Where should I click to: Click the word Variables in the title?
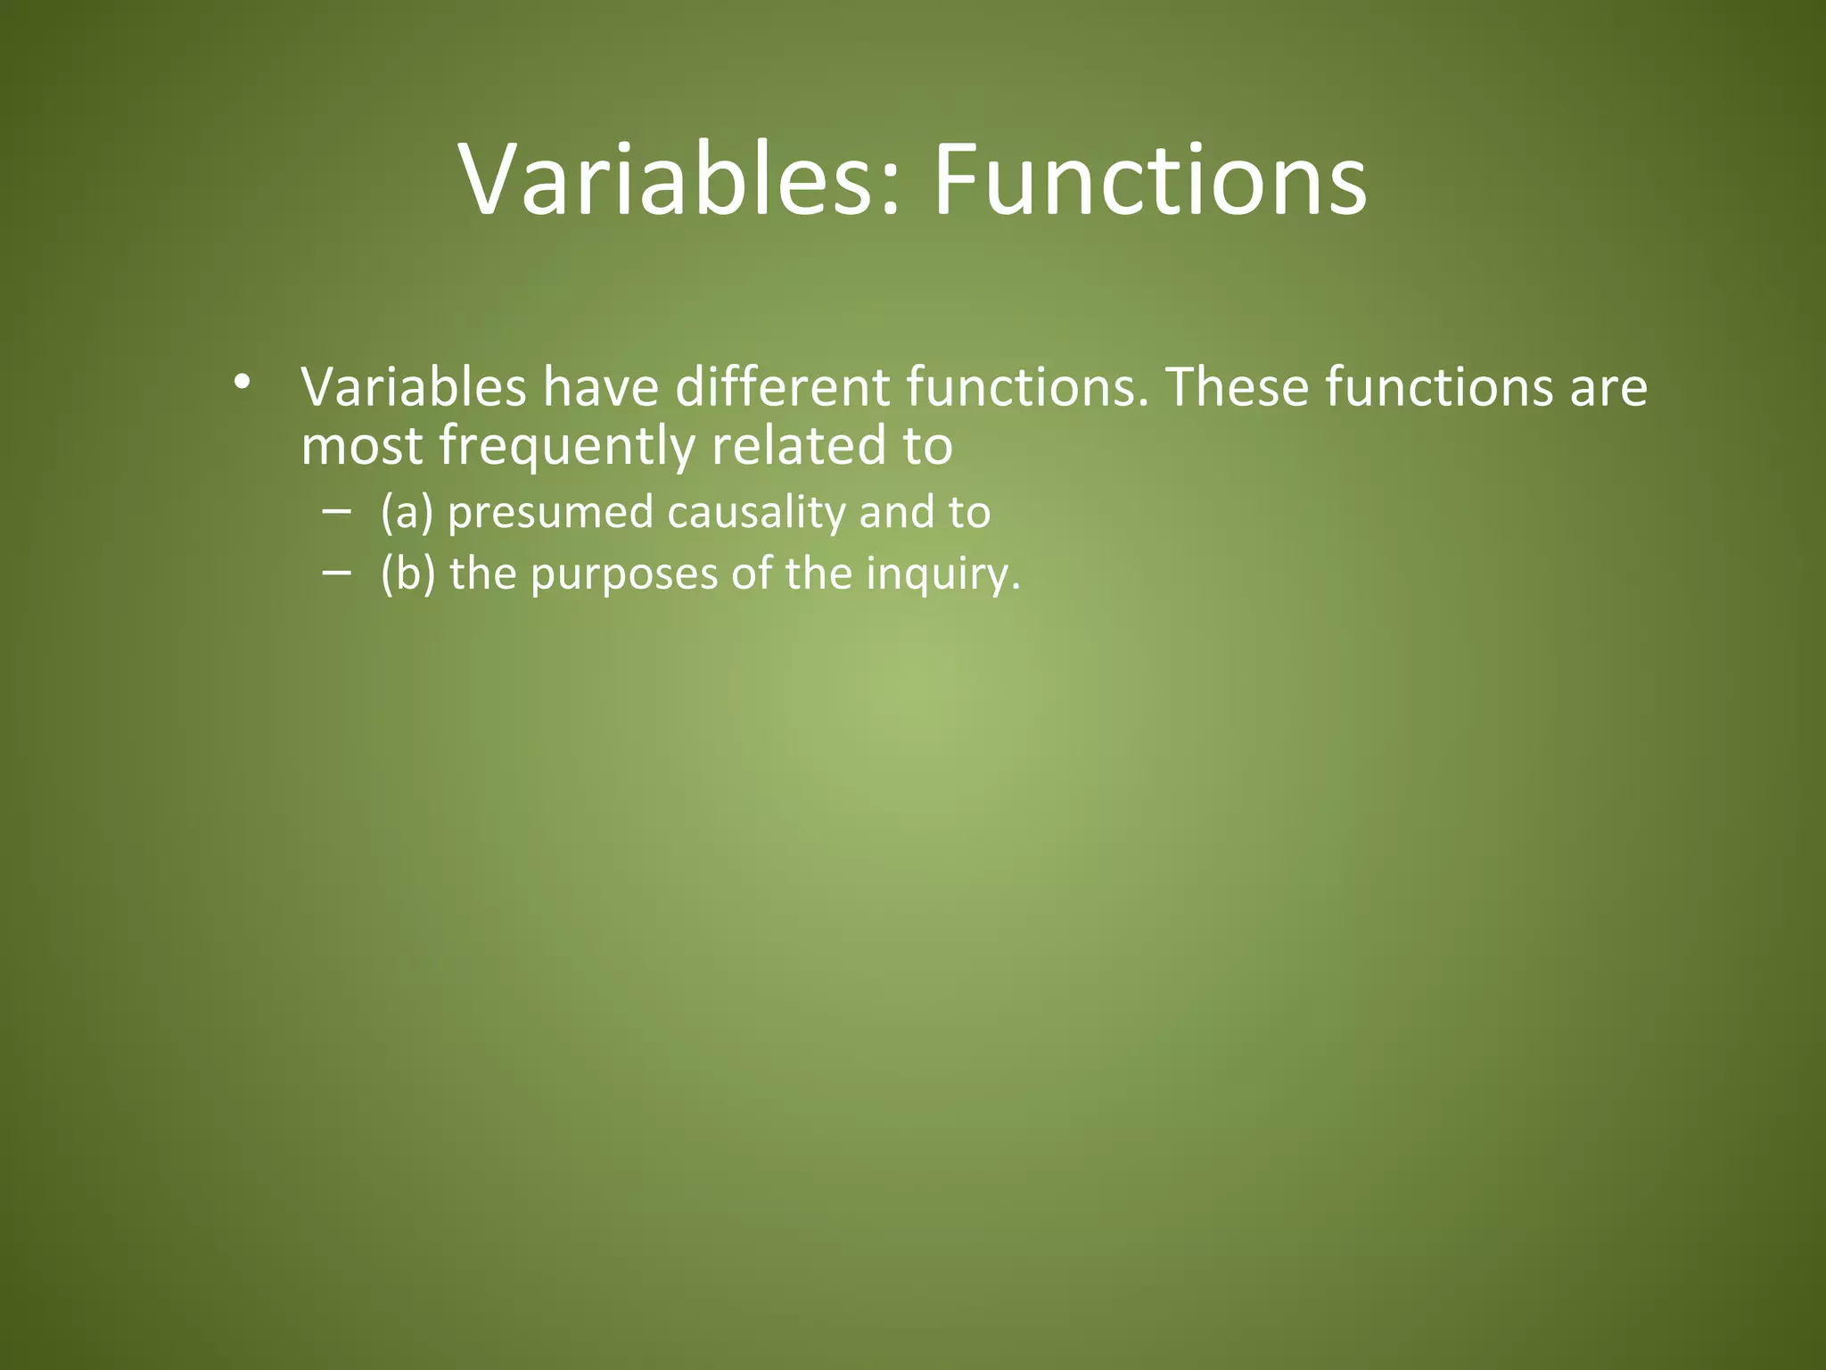(664, 181)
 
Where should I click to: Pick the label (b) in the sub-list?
(407, 573)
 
